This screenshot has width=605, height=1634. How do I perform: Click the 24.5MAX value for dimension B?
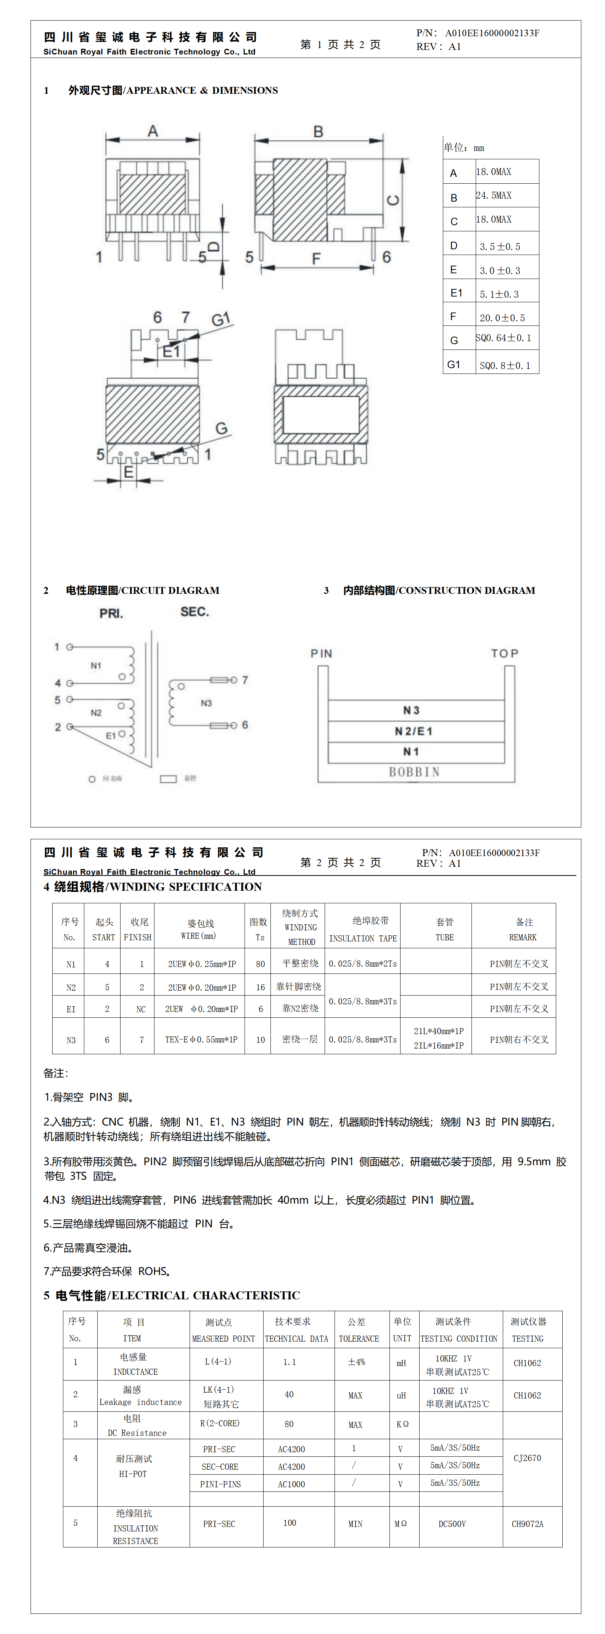pos(494,196)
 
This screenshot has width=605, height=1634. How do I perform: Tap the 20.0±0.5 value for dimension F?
pos(502,318)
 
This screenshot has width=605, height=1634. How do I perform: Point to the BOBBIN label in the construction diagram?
pos(414,772)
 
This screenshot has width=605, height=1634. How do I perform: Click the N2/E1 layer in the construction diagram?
pos(413,731)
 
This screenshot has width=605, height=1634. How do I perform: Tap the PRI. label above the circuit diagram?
pos(111,613)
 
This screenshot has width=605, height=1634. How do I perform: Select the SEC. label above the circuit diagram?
pos(194,611)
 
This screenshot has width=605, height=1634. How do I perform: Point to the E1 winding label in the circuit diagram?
pos(111,736)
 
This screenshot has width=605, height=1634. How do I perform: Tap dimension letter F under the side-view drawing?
pos(316,259)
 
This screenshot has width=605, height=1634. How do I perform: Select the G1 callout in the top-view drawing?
pos(220,319)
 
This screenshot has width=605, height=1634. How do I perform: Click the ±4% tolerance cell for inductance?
pos(357,1362)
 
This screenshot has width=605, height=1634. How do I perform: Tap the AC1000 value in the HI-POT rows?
pos(291,1484)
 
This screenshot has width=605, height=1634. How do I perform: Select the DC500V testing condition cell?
pos(452,1523)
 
